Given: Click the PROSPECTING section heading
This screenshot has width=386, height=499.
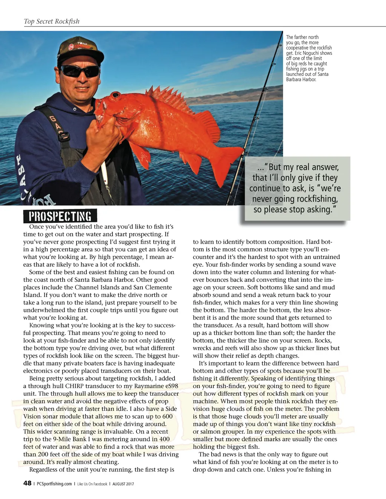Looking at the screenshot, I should coord(60,216).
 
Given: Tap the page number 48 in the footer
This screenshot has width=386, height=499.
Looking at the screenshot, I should coord(27,483).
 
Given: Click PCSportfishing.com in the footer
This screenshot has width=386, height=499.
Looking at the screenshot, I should coord(54,484).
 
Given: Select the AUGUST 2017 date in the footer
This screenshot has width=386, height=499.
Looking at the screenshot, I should coord(123,484).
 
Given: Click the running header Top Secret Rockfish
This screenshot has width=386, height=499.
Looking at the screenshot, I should coord(52,21).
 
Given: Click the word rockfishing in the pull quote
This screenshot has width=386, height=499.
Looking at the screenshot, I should coord(317,199).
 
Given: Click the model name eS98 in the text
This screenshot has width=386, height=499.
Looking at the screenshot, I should coord(170,386).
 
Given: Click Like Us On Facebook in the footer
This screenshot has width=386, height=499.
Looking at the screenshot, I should coord(92,484).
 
